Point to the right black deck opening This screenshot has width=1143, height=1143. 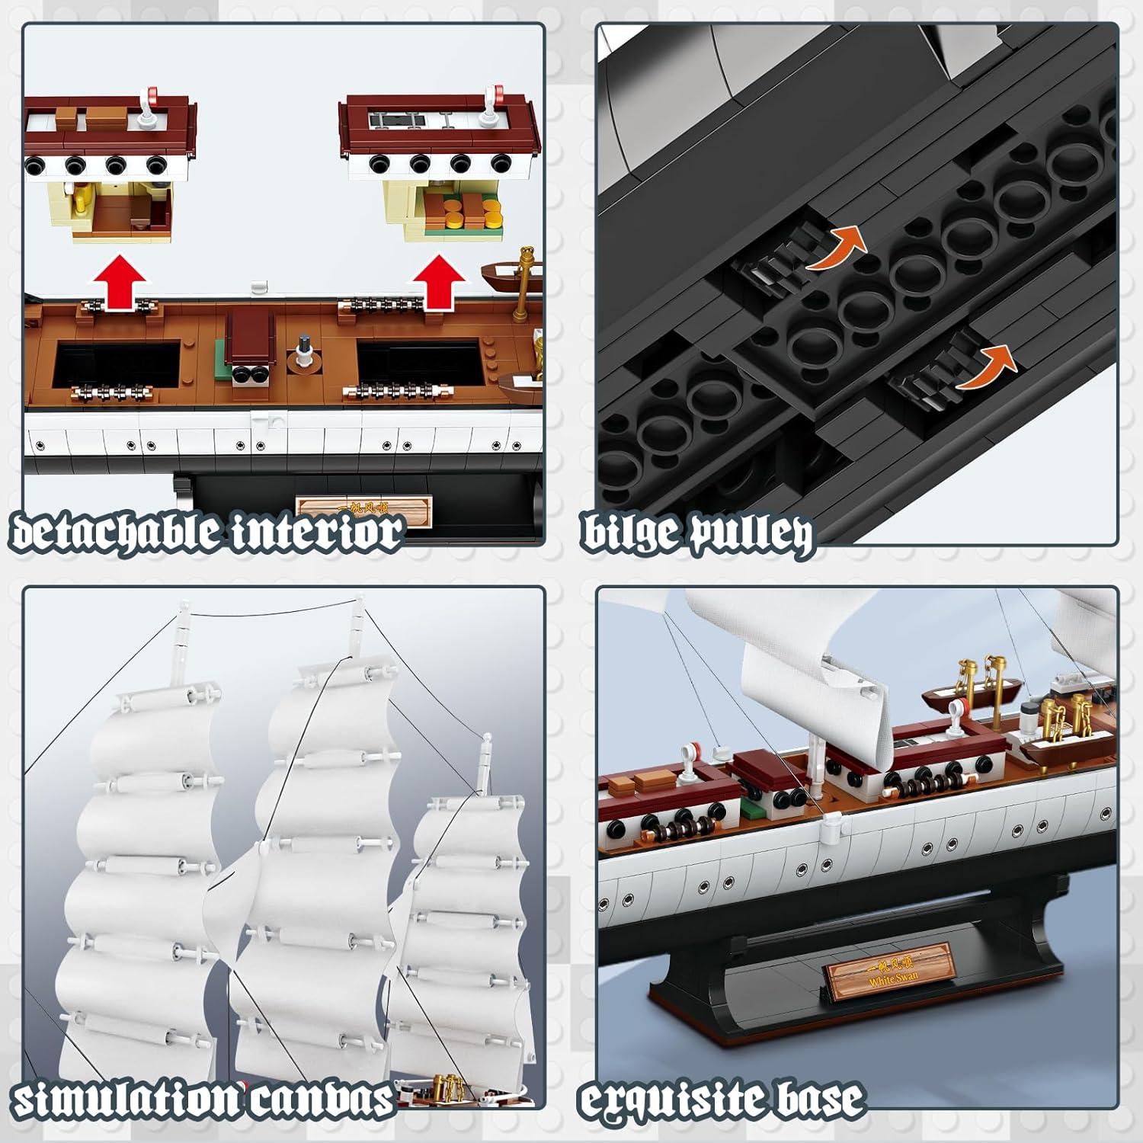418,363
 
